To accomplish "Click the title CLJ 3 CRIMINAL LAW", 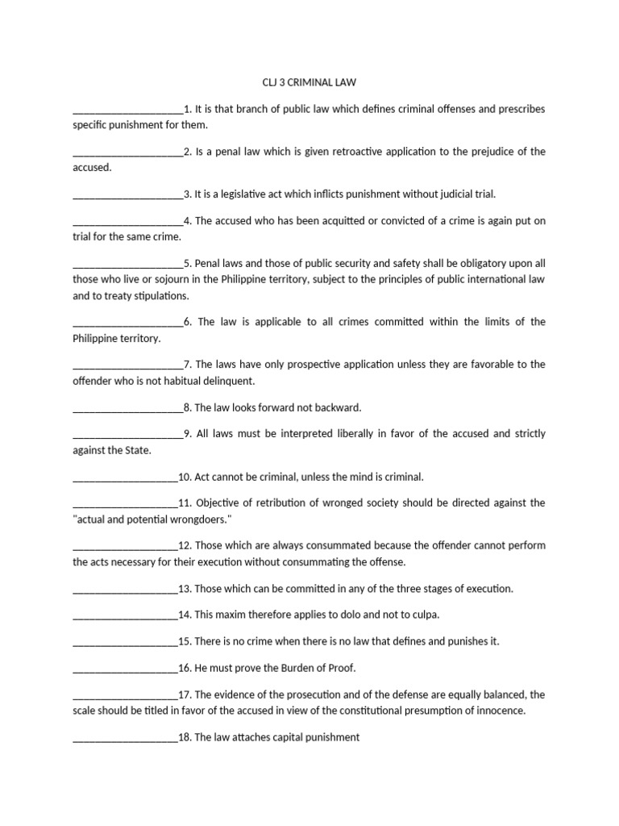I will click(309, 81).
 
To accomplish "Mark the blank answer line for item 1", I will click(127, 110).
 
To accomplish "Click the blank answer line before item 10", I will click(125, 477).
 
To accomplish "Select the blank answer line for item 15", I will click(125, 642).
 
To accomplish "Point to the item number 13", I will click(185, 588).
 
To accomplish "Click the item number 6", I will click(187, 321).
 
